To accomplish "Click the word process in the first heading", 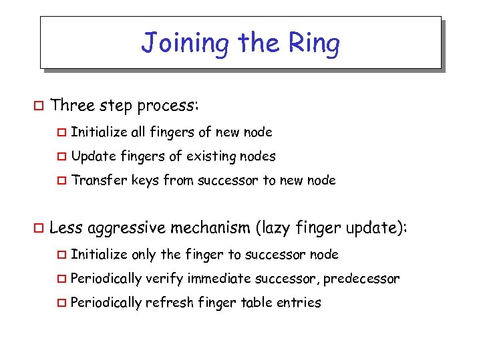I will coord(166,106).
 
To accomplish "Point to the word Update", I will coord(94,157).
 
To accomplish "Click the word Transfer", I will coord(98,180).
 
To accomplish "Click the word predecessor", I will coord(361,279).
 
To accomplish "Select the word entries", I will coord(300,303).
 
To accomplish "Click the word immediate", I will coord(222,279).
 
